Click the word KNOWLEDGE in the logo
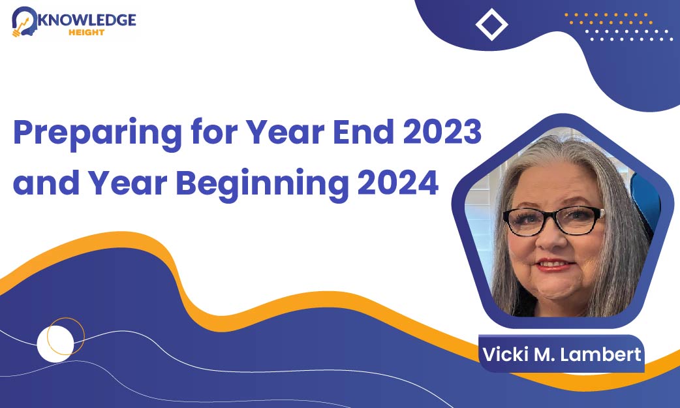(87, 20)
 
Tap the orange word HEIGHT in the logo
(86, 32)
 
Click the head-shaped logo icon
(24, 22)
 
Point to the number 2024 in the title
(398, 183)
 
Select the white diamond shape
(492, 24)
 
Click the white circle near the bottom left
(55, 344)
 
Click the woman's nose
(551, 239)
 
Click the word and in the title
(46, 183)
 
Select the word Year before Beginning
(128, 183)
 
